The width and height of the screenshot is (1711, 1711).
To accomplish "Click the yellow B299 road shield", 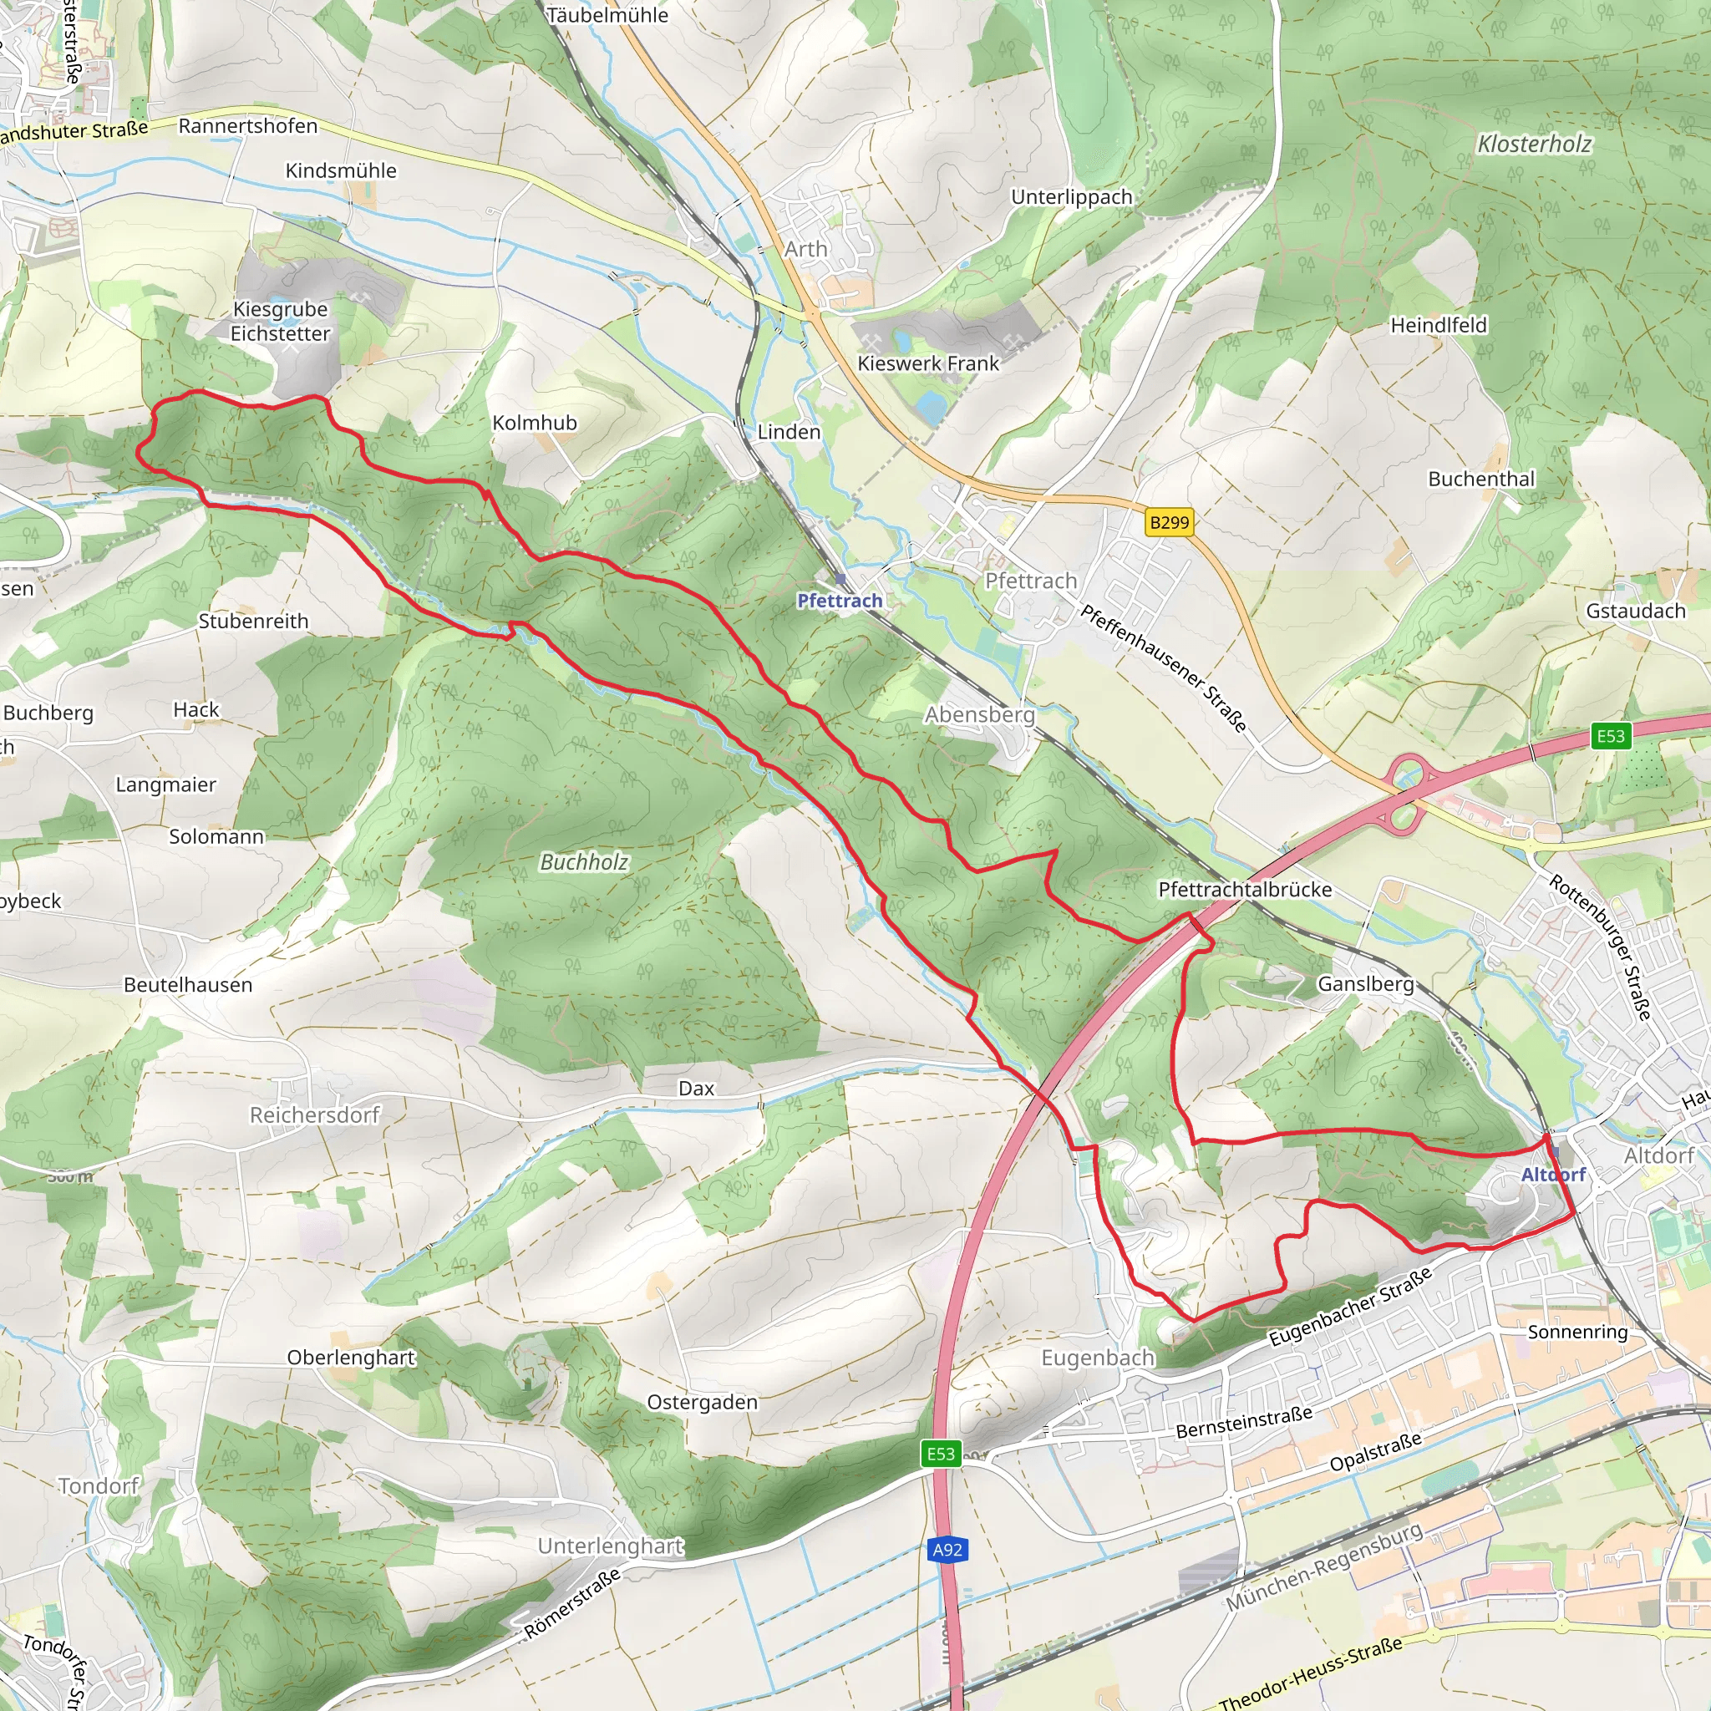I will pyautogui.click(x=1169, y=522).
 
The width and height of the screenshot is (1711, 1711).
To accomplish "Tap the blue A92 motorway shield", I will pyautogui.click(x=947, y=1550).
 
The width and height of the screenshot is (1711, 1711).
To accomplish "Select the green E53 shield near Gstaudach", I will pyautogui.click(x=1610, y=736).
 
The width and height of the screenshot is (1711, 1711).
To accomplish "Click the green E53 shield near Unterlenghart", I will pyautogui.click(x=941, y=1454).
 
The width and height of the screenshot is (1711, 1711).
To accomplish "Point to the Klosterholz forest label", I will pyautogui.click(x=1534, y=144).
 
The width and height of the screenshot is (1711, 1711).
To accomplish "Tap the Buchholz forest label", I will pyautogui.click(x=584, y=861).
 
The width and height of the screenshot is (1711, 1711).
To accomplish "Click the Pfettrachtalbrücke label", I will pyautogui.click(x=1244, y=889).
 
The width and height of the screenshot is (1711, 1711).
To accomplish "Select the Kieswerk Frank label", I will pyautogui.click(x=927, y=363).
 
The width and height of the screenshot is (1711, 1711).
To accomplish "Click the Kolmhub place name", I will pyautogui.click(x=534, y=423).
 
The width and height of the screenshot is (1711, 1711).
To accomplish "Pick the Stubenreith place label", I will pyautogui.click(x=253, y=621).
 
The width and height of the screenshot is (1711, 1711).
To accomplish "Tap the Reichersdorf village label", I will pyautogui.click(x=314, y=1114).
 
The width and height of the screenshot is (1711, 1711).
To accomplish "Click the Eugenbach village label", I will pyautogui.click(x=1097, y=1358).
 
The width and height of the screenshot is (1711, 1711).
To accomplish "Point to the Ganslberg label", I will pyautogui.click(x=1365, y=984).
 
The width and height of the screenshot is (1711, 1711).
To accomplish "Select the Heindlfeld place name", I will pyautogui.click(x=1439, y=325).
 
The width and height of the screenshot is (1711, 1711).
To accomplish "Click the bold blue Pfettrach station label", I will pyautogui.click(x=840, y=601).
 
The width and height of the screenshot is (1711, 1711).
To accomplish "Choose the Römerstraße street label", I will pyautogui.click(x=572, y=1604).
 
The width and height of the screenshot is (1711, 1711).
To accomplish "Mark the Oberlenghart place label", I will pyautogui.click(x=351, y=1358).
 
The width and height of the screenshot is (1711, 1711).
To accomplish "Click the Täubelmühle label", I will pyautogui.click(x=607, y=15).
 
